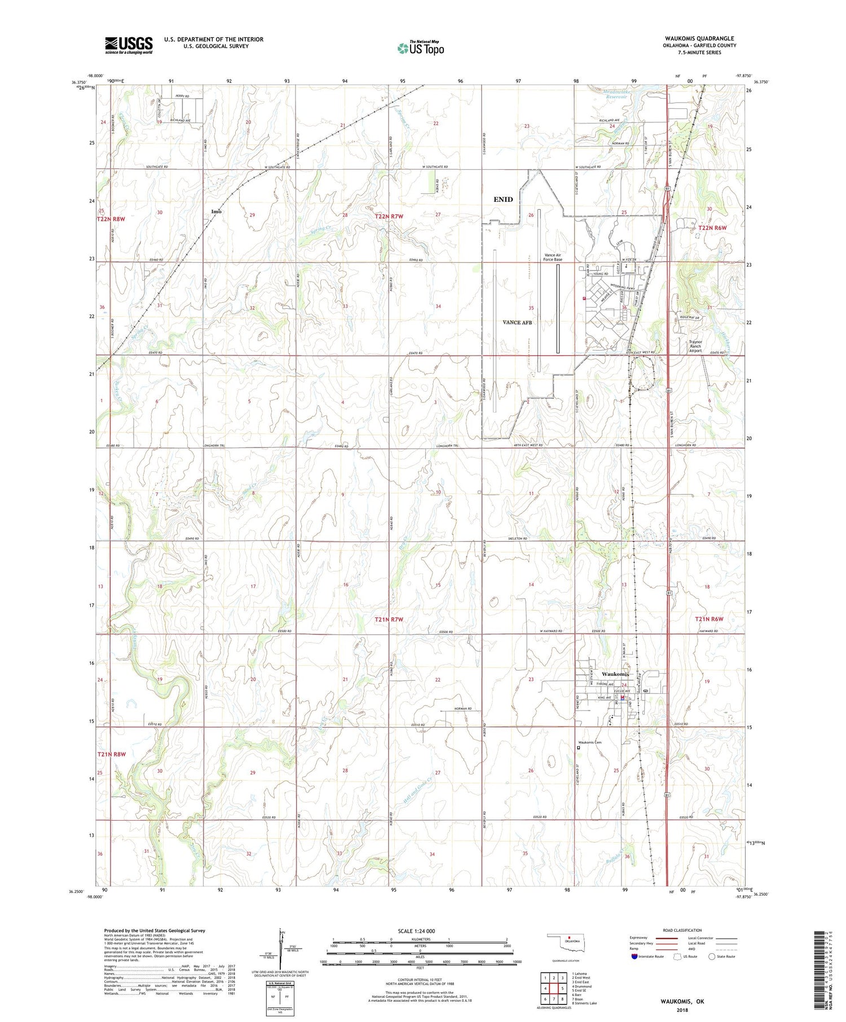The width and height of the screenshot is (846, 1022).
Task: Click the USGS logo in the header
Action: coord(129,45)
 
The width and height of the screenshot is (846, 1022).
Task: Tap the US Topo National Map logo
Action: coord(420,48)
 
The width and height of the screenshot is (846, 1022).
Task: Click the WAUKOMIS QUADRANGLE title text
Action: coord(699,38)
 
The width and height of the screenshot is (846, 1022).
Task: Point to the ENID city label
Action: coord(503,199)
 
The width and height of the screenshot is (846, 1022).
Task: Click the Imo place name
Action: coord(216,211)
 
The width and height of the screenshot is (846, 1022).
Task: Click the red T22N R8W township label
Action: coord(111,218)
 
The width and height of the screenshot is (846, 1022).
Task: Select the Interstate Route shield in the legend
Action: coord(634,957)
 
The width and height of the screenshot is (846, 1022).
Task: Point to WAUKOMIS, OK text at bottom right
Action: coord(682,1002)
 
